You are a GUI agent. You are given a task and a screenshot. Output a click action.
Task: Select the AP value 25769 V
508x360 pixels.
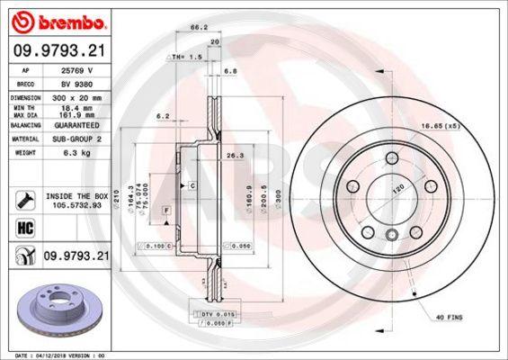(73, 71)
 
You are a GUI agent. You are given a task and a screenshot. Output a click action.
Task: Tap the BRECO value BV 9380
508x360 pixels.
(73, 82)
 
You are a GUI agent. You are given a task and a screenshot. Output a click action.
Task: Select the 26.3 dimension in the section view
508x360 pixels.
(236, 155)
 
